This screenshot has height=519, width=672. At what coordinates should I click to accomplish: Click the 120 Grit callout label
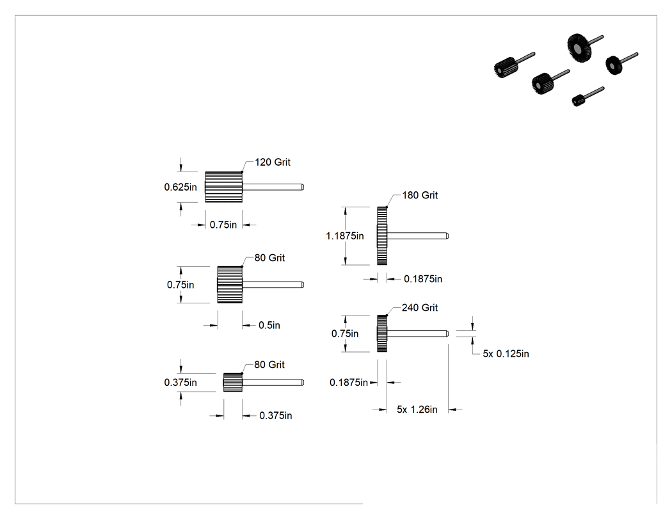[273, 162]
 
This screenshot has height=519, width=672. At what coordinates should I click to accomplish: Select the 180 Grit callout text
[420, 195]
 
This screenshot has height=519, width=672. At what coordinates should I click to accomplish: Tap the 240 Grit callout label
[420, 308]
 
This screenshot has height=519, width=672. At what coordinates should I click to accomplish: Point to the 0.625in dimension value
[180, 187]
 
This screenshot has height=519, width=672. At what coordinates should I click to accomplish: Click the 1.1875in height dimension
[344, 236]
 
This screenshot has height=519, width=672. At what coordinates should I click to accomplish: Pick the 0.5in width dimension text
[269, 325]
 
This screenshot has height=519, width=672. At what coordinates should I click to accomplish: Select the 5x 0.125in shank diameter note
[506, 353]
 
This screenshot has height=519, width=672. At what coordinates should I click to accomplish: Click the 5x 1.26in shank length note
[417, 410]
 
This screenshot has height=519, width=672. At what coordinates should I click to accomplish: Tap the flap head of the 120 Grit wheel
[224, 187]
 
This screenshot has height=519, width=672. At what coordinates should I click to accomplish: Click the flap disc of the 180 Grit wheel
[382, 236]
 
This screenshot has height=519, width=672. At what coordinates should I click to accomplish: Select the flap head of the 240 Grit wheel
[382, 333]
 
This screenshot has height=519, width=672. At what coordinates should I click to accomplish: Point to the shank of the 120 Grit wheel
[273, 187]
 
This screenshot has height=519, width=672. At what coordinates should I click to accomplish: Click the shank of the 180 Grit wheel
[418, 236]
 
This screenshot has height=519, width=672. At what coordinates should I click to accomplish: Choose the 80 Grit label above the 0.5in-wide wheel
[269, 257]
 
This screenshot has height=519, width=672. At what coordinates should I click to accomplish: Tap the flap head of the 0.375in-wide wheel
[233, 382]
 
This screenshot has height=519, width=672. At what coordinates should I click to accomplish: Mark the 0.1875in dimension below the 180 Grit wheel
[423, 279]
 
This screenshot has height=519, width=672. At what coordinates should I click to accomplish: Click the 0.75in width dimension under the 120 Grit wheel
[223, 225]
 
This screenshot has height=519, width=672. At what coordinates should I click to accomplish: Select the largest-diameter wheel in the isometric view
[579, 47]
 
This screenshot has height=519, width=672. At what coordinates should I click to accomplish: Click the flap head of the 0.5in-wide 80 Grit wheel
[230, 285]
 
